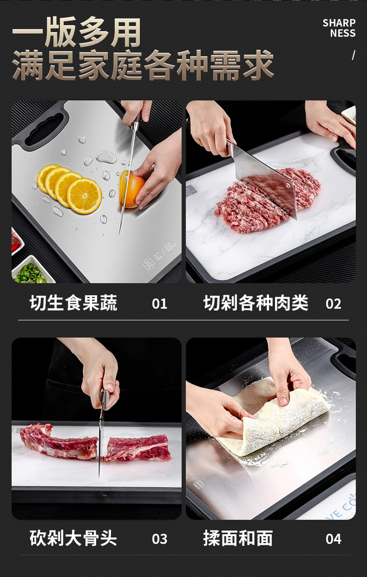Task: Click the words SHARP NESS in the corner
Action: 339,28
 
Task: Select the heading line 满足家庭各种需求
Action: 143,66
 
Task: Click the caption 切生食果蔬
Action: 73,303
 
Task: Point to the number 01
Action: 159,304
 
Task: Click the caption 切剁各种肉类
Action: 255,303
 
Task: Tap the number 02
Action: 333,304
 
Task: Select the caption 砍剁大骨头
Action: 73,538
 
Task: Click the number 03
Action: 159,539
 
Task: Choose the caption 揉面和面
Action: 238,538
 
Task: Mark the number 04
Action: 333,539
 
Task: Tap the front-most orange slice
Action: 84,196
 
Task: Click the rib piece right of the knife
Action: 137,448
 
